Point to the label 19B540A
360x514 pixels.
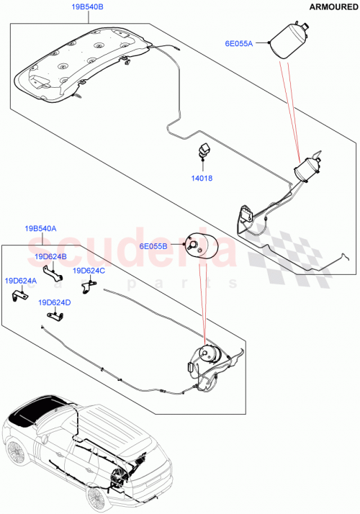pos(41,228)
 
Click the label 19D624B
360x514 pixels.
pos(50,256)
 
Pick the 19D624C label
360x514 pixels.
pos(89,271)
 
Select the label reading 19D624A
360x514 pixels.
pos(21,281)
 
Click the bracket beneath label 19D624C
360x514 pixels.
pos(87,286)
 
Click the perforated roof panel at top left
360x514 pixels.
pos(86,61)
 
